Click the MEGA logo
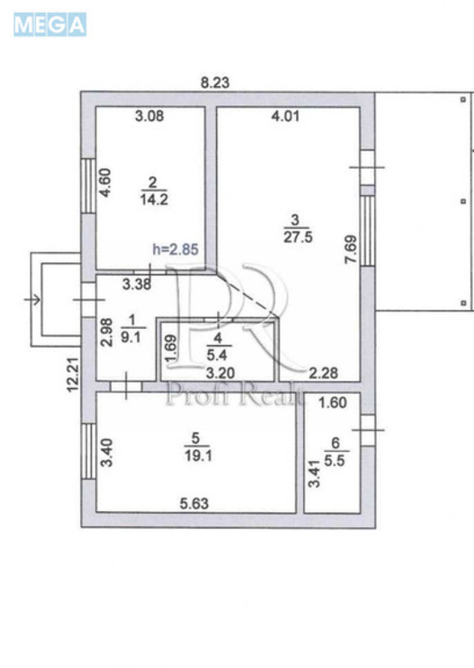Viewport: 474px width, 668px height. pos(49,25)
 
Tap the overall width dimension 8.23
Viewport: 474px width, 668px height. pos(215,82)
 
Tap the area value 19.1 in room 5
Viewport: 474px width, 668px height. pos(197,453)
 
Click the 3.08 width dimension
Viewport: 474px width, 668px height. pos(149,116)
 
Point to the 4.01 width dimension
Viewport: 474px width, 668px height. pos(286,116)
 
